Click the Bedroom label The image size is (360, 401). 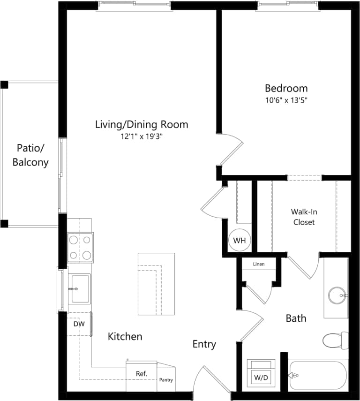pos(286,88)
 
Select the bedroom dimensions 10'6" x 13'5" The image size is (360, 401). pos(286,100)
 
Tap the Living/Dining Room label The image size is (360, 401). pos(142,124)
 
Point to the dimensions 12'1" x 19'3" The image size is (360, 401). pos(142,136)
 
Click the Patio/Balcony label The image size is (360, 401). pos(30,155)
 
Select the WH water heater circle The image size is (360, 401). pos(240,241)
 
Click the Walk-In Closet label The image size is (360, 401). pos(304,217)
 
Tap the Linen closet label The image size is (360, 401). pos(258,265)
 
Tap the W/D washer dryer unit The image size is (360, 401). pos(261,373)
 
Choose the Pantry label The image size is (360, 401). pos(166,380)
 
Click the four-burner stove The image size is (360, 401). pos(80,248)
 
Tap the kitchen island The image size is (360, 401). pos(156,284)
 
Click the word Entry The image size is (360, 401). pos(204,344)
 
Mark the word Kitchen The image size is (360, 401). pos(125,336)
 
